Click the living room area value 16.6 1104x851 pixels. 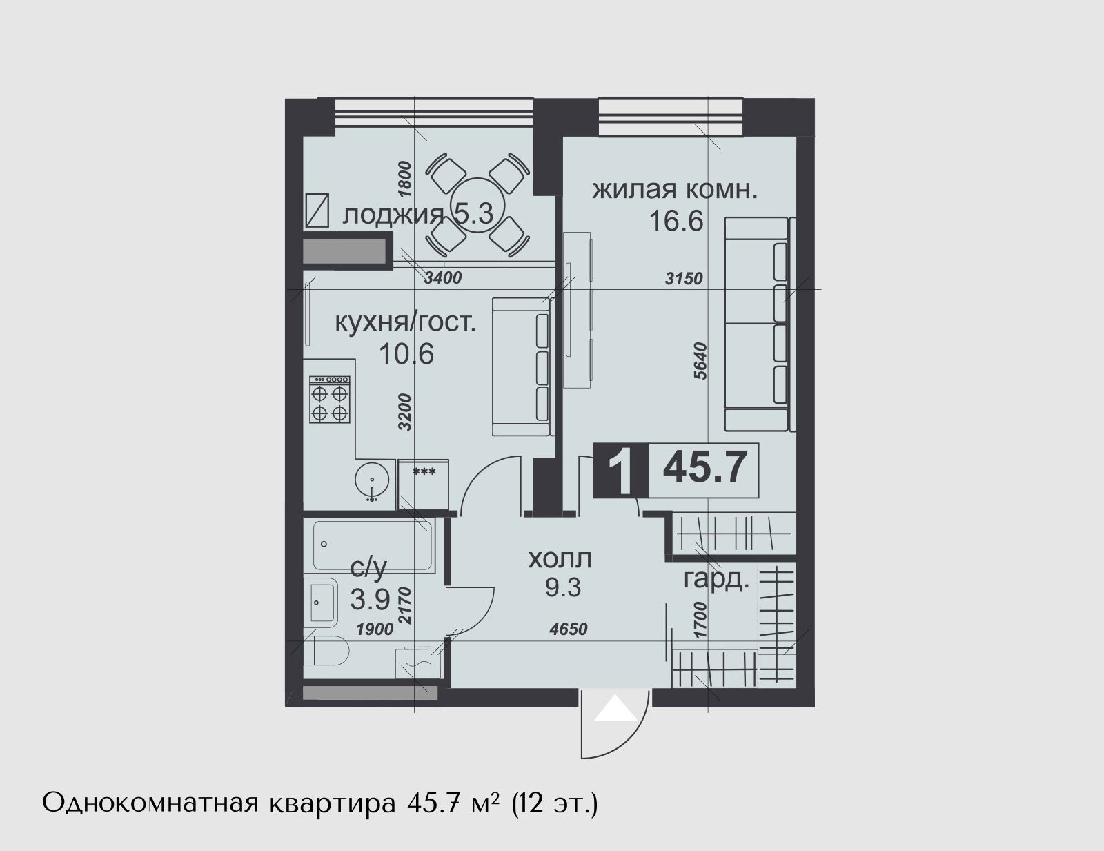[676, 221]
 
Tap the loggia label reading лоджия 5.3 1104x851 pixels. [417, 215]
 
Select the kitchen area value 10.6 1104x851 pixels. [406, 354]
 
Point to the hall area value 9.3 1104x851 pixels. [563, 588]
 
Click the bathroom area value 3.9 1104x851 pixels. [371, 600]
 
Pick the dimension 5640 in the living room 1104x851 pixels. [700, 361]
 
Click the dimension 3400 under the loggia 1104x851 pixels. [443, 278]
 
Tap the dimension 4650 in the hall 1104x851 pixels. [569, 629]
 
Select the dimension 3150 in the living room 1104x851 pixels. [684, 278]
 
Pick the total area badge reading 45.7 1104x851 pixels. [704, 470]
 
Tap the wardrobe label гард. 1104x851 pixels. [716, 580]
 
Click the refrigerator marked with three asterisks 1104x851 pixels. [423, 485]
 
